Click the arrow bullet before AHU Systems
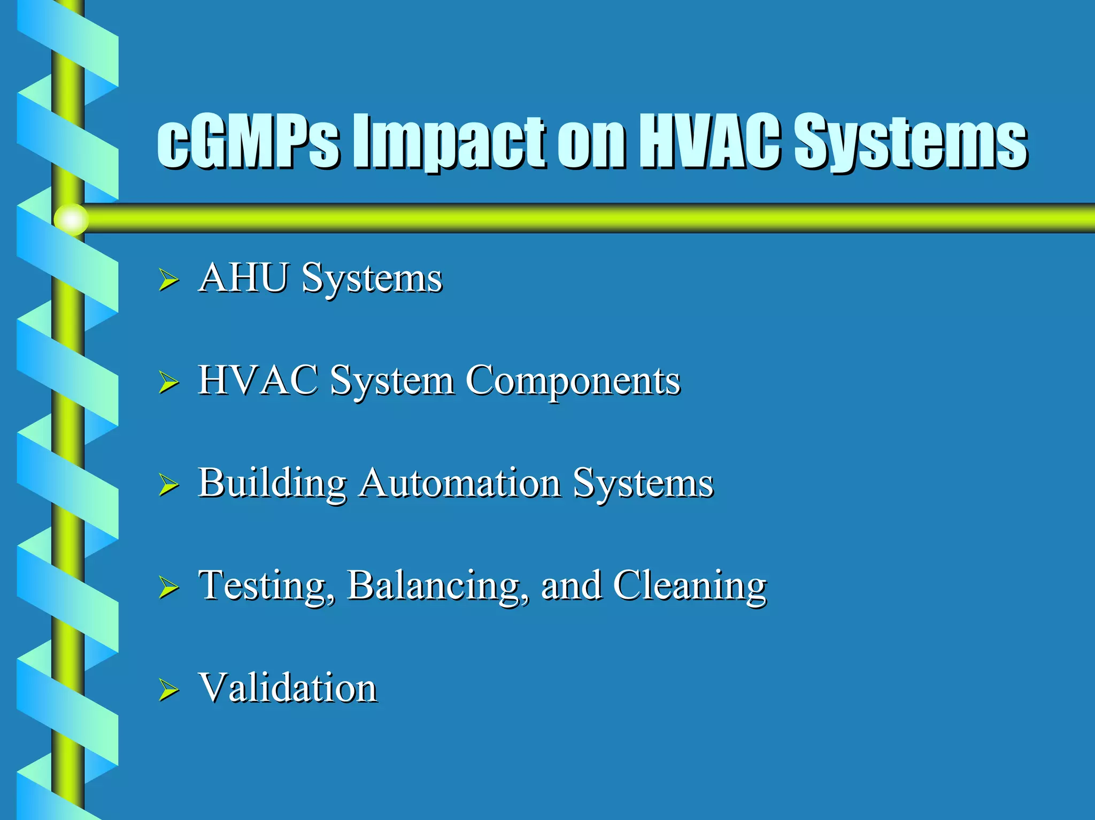[x=168, y=280]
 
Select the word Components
[x=573, y=381]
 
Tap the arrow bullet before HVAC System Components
[x=168, y=383]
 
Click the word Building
[x=273, y=483]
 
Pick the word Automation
[x=460, y=482]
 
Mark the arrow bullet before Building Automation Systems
[x=168, y=485]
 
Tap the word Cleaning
[x=690, y=586]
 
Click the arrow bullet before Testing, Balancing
[x=168, y=587]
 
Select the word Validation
[x=288, y=687]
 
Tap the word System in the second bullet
[x=392, y=381]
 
